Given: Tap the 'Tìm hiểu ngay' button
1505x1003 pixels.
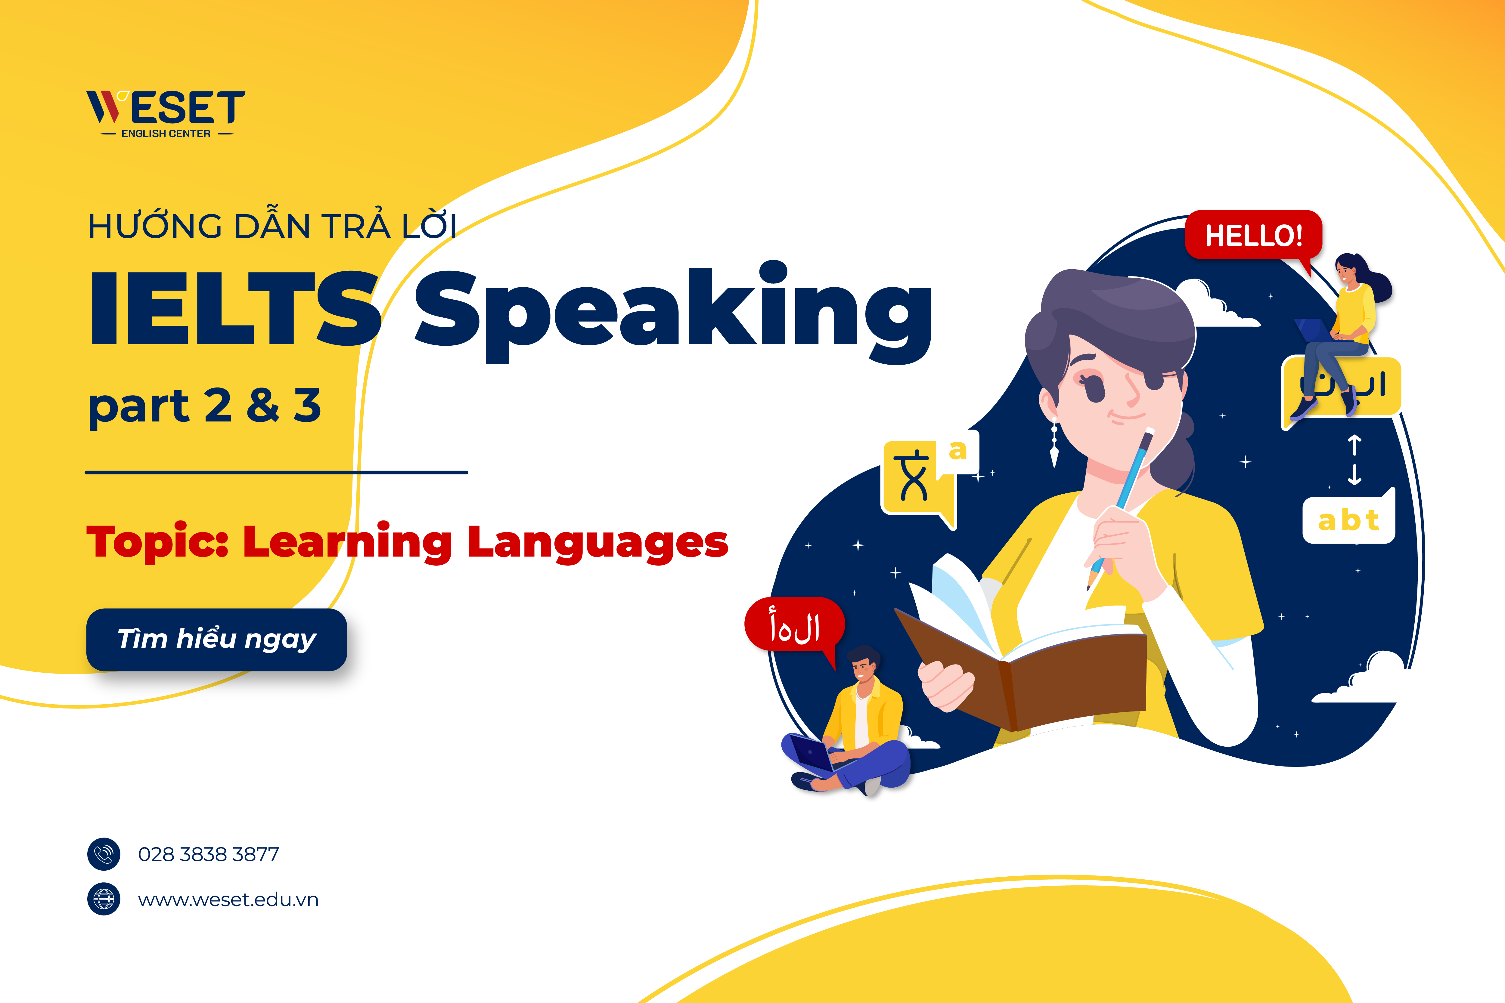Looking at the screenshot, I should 216,639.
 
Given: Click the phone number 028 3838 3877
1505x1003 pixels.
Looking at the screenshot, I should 209,854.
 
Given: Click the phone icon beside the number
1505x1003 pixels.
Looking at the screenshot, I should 104,854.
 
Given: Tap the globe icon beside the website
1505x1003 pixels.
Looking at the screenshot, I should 104,899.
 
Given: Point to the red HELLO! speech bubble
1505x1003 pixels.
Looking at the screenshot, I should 1253,235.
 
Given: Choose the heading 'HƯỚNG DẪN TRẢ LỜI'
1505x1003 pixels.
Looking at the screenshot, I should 272,227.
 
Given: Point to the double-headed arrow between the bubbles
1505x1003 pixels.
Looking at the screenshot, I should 1354,459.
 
